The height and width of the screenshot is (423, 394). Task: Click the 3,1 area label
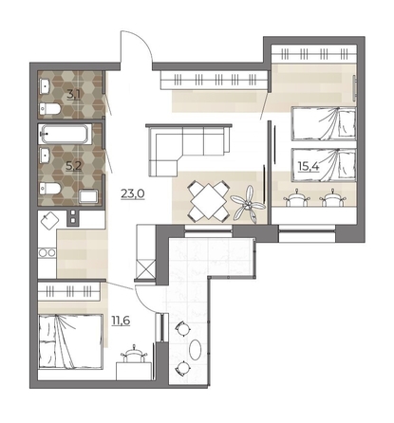tap(73, 95)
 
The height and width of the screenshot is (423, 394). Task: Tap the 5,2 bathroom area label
tap(73, 166)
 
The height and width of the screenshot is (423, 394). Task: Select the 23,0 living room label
tap(133, 193)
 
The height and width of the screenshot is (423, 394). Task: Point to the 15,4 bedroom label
tap(309, 166)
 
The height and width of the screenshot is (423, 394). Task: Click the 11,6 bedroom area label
tap(121, 321)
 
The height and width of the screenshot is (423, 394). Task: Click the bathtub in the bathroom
tap(65, 134)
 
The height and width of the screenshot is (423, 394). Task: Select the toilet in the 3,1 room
tap(50, 109)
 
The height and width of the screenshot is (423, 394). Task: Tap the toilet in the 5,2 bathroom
tap(50, 189)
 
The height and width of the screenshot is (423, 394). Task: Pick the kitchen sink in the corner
tap(49, 220)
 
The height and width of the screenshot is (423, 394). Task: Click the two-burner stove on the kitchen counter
tap(47, 252)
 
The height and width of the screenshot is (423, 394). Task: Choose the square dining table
tap(208, 201)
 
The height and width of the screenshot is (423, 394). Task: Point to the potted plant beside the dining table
tap(248, 205)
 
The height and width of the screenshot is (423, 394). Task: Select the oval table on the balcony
tap(196, 349)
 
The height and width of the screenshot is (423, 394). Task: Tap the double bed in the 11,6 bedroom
tap(70, 341)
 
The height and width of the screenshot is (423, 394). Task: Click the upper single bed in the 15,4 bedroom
tap(324, 123)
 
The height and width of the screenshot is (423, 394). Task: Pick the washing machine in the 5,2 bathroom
tap(89, 196)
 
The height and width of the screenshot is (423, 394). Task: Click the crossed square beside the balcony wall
tap(145, 268)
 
